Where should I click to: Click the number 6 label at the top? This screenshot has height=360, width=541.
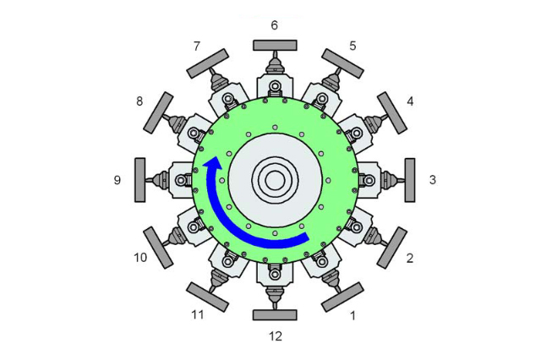coord(274,25)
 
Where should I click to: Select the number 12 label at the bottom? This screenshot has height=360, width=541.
coord(275,336)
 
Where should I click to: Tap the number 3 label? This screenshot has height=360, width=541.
coord(432,180)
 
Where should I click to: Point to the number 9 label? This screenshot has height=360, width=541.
coord(117,180)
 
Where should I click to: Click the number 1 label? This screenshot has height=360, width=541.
coord(353,317)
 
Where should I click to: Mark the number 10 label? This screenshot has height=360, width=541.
coord(140,257)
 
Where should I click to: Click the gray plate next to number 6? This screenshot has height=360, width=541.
coord(275,45)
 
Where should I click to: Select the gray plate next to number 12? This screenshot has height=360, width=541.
coord(275,315)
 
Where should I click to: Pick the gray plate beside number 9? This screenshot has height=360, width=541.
coord(140,180)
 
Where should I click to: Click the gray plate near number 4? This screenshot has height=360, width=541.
coord(392,112)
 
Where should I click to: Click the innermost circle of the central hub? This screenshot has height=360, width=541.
coord(275,180)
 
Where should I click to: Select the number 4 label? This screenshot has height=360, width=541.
coord(410,101)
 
